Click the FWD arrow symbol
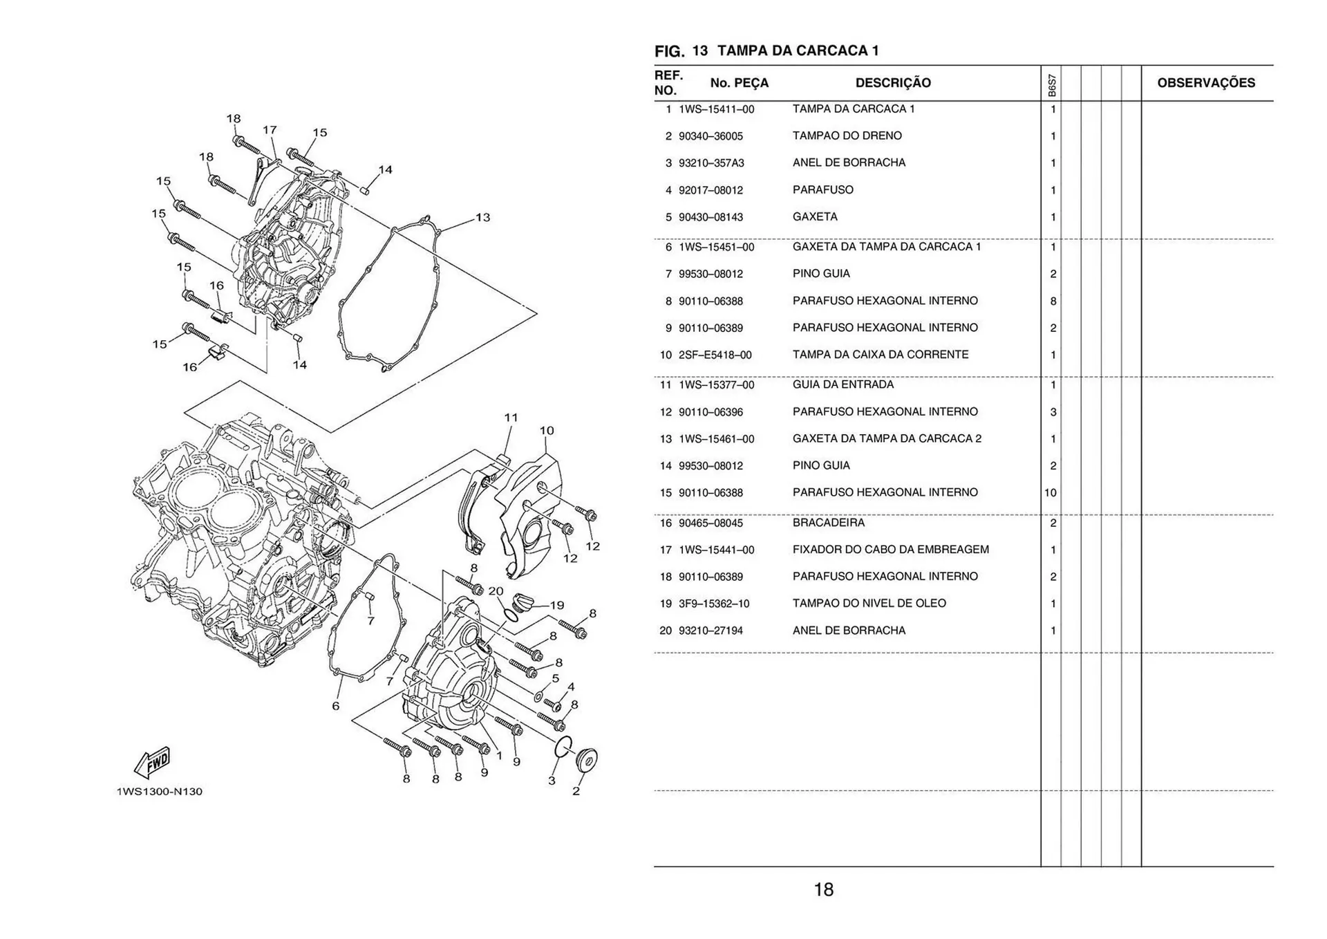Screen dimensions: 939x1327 click(152, 763)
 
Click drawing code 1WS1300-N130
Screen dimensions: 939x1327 click(160, 792)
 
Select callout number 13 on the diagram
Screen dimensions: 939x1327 click(482, 218)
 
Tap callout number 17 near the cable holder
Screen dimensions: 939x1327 click(270, 130)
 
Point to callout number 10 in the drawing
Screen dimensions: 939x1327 click(546, 431)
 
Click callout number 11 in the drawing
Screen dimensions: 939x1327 click(511, 418)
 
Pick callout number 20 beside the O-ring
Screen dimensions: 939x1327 click(496, 591)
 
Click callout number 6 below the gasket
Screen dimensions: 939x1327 click(336, 706)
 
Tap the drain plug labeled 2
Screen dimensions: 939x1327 click(587, 760)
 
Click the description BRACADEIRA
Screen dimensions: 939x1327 click(828, 523)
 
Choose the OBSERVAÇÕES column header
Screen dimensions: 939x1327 click(1206, 83)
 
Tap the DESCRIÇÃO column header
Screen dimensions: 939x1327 click(893, 83)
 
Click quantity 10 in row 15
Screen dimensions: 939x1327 click(1050, 493)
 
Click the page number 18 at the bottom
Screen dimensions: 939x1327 click(823, 889)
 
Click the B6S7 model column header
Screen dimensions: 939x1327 click(1051, 85)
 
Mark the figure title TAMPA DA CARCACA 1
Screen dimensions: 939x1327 click(798, 50)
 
